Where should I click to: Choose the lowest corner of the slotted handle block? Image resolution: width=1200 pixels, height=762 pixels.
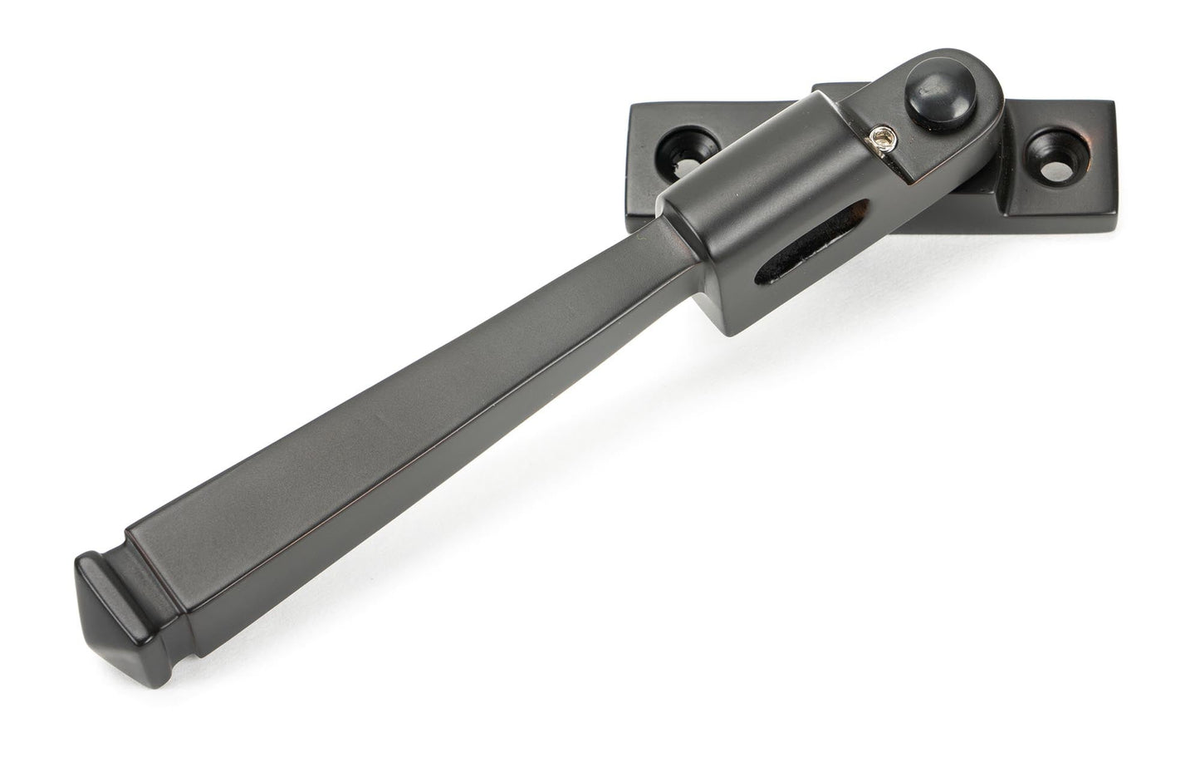[730, 333]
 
